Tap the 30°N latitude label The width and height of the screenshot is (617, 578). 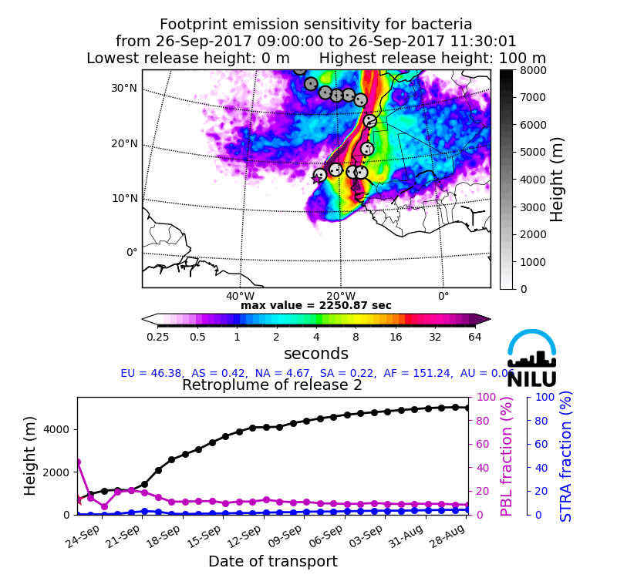point(123,88)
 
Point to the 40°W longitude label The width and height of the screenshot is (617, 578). point(240,296)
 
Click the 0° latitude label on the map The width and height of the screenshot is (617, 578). point(132,252)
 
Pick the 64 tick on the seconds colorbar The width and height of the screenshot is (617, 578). point(474,336)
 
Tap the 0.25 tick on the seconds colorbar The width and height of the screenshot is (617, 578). point(158,336)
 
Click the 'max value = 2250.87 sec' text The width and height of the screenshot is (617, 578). point(316,305)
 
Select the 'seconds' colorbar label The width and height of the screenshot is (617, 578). point(316,354)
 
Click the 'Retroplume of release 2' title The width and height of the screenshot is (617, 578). point(272,385)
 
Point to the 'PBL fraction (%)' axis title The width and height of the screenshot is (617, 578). point(507,456)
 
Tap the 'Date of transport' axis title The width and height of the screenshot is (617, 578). point(272,562)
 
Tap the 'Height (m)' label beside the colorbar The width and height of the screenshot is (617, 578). point(558,180)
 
